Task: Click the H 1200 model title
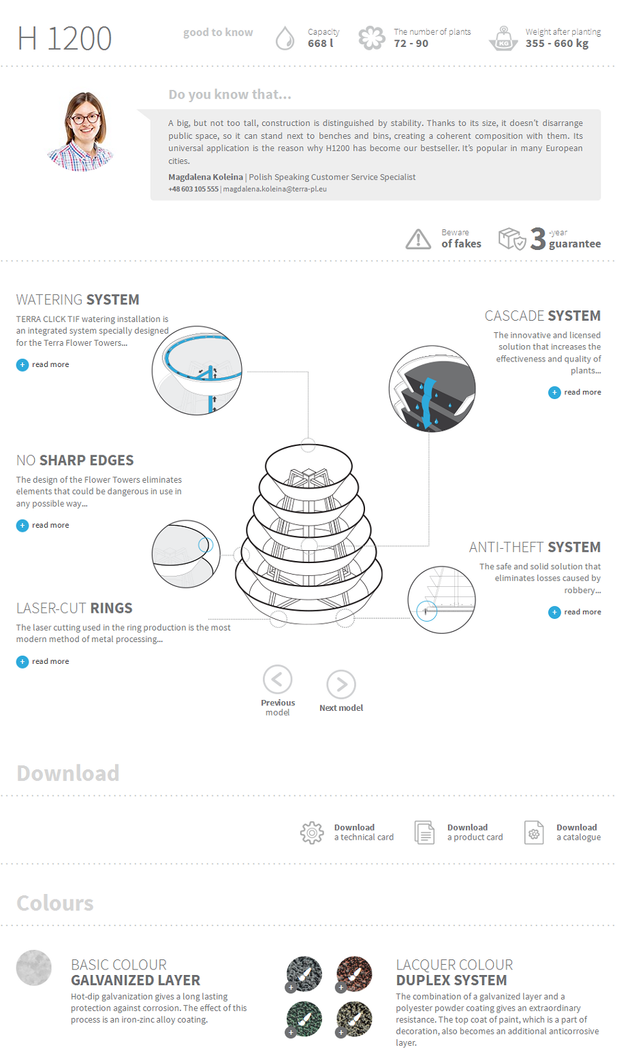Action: pyautogui.click(x=65, y=39)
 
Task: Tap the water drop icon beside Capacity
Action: pyautogui.click(x=285, y=38)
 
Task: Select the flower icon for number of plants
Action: pyautogui.click(x=371, y=38)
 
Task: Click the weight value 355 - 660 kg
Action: pyautogui.click(x=557, y=44)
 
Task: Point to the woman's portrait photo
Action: pyautogui.click(x=81, y=131)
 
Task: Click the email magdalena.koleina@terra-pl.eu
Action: pyautogui.click(x=275, y=189)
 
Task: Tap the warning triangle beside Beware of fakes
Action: pyautogui.click(x=418, y=238)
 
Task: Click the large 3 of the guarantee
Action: pyautogui.click(x=538, y=239)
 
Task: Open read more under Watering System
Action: pyautogui.click(x=43, y=365)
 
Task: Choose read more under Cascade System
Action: pyautogui.click(x=575, y=392)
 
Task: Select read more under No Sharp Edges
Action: pyautogui.click(x=43, y=525)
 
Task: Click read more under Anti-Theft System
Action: pyautogui.click(x=575, y=612)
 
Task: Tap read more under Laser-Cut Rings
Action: pyautogui.click(x=43, y=662)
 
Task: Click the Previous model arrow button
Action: pyautogui.click(x=278, y=680)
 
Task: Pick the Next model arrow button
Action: pyautogui.click(x=341, y=685)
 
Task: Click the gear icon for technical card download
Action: pyautogui.click(x=312, y=833)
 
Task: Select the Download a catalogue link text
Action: pyautogui.click(x=578, y=833)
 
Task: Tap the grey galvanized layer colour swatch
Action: pyautogui.click(x=34, y=968)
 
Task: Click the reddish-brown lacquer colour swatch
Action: pyautogui.click(x=354, y=974)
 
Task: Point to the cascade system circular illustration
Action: pyautogui.click(x=432, y=389)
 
